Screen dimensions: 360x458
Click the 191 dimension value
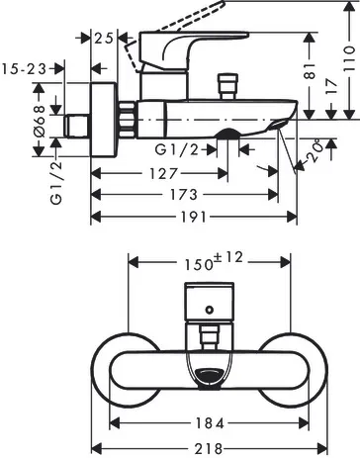pyautogui.click(x=195, y=217)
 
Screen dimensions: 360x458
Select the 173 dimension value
pyautogui.click(x=184, y=195)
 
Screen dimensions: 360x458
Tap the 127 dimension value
pyautogui.click(x=164, y=173)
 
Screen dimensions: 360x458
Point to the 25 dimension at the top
pyautogui.click(x=104, y=38)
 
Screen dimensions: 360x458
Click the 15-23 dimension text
pyautogui.click(x=24, y=69)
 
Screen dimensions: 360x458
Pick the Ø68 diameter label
pyautogui.click(x=40, y=121)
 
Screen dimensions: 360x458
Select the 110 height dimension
pyautogui.click(x=349, y=59)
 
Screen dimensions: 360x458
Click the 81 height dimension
pyautogui.click(x=310, y=71)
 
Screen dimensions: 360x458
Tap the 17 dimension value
pyautogui.click(x=331, y=87)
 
